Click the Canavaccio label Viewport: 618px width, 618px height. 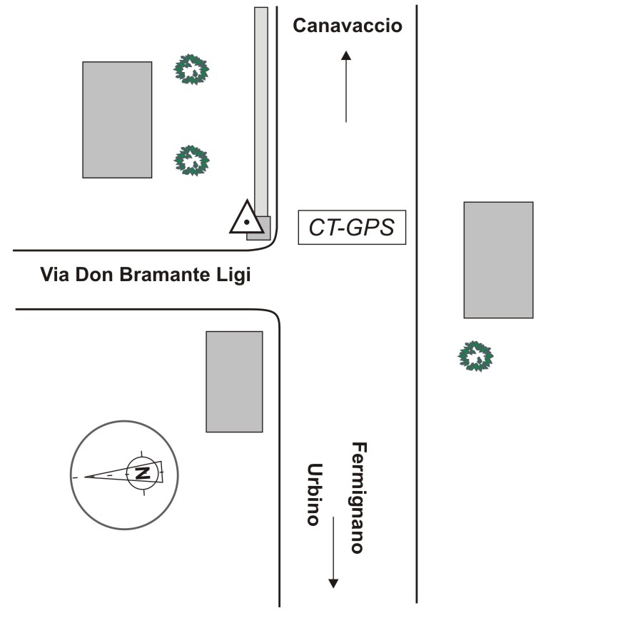click(348, 26)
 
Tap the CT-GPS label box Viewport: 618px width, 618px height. click(351, 228)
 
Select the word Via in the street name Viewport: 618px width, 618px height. click(54, 275)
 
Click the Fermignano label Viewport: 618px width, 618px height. click(359, 497)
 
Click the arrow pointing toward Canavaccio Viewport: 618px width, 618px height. click(346, 86)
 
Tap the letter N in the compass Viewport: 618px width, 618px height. click(142, 472)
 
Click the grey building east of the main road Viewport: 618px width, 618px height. click(498, 260)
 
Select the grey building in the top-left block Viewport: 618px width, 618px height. click(117, 119)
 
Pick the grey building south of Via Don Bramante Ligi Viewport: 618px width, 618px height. click(234, 381)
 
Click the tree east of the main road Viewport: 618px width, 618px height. click(475, 356)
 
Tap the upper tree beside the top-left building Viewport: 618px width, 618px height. click(193, 70)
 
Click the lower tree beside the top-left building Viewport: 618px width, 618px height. click(192, 161)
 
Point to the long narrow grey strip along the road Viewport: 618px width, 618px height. click(261, 107)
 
